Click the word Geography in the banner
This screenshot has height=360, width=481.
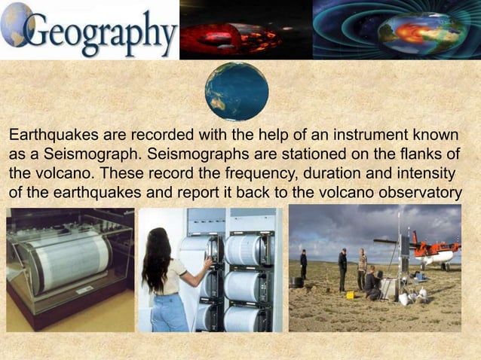[102, 32]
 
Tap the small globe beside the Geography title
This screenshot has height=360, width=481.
[16, 23]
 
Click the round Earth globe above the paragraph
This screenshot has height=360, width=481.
[237, 92]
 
